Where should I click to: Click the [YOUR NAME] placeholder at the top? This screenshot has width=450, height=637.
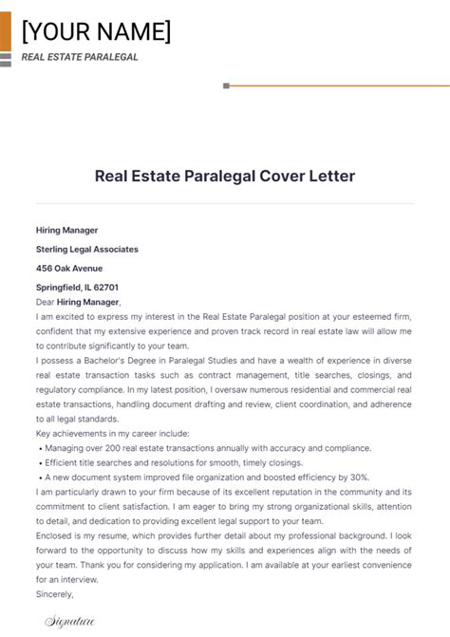(96, 32)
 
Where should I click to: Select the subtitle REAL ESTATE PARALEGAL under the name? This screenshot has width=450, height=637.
(80, 57)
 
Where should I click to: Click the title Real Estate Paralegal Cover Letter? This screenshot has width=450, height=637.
(225, 176)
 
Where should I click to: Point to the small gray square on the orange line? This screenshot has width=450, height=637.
(226, 85)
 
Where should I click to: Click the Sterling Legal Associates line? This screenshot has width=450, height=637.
(86, 249)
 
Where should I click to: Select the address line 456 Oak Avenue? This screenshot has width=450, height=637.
(68, 268)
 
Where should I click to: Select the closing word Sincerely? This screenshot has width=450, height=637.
(55, 594)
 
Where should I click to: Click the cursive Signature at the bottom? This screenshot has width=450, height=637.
(69, 622)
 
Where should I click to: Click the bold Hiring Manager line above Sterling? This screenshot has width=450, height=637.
(66, 230)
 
